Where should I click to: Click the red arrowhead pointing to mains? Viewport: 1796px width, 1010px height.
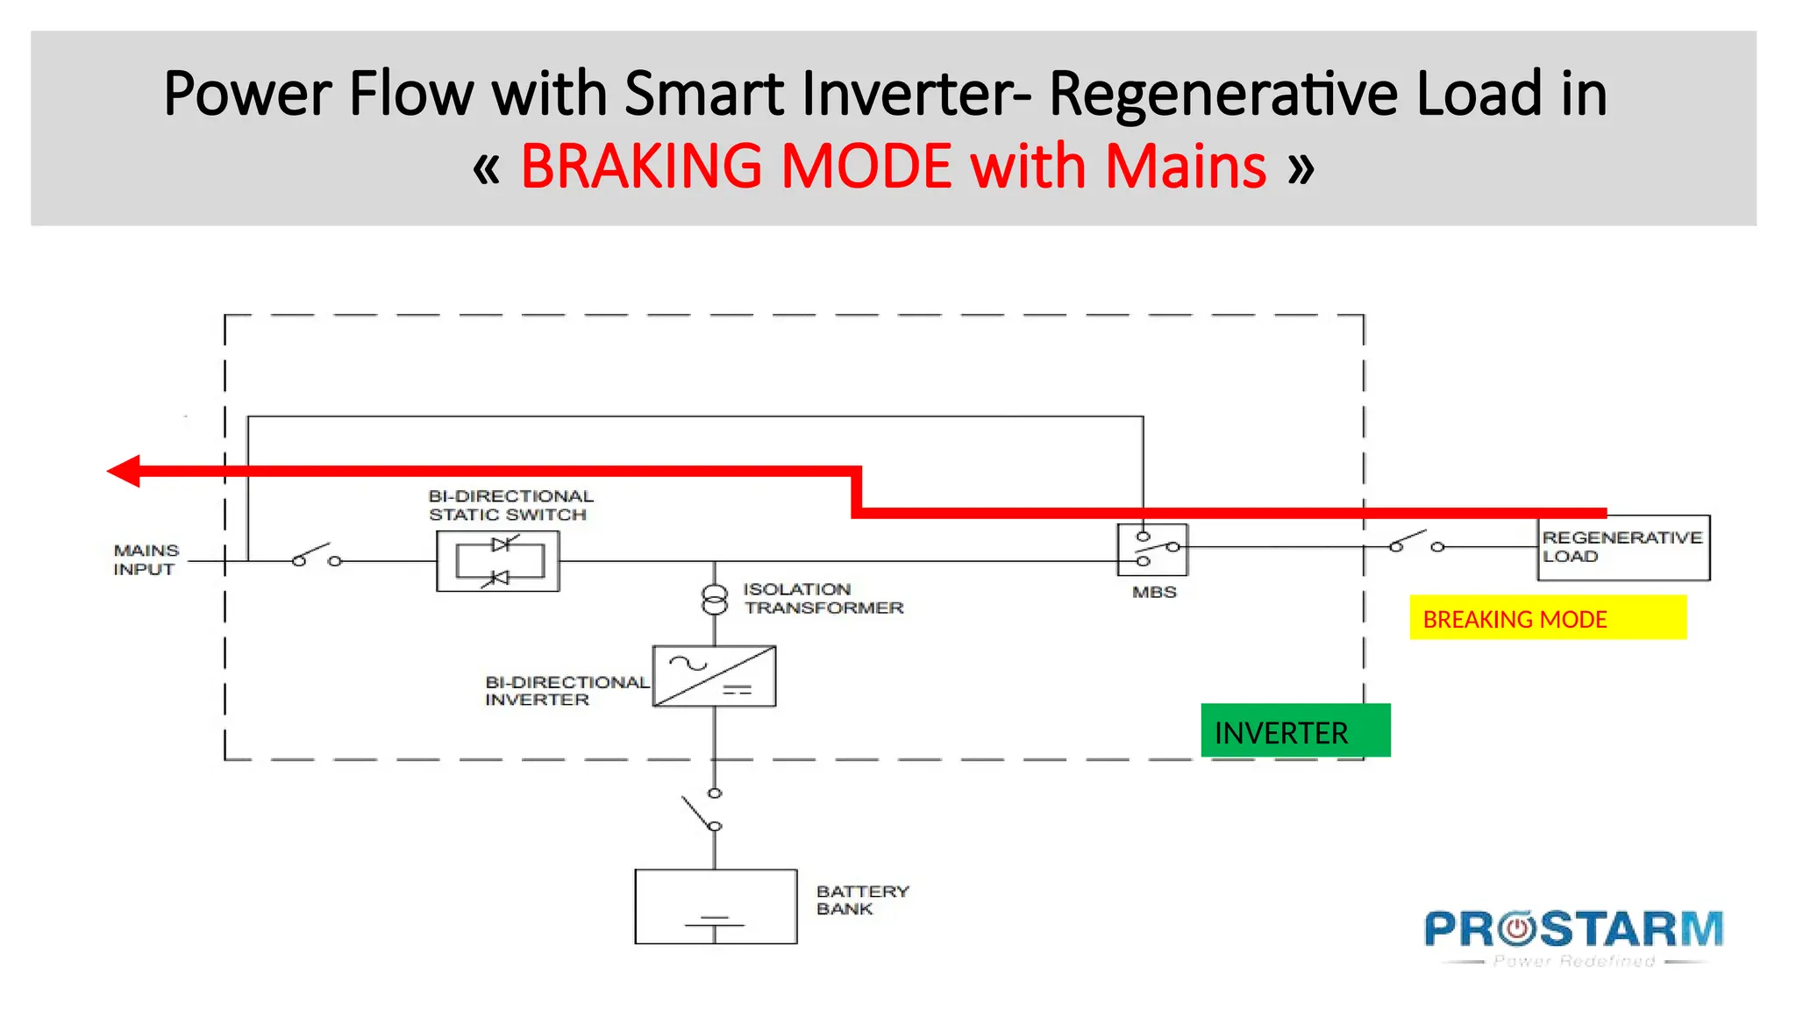(x=125, y=471)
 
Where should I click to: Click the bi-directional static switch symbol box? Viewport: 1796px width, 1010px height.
(x=498, y=561)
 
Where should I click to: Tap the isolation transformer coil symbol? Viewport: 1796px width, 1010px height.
(x=715, y=600)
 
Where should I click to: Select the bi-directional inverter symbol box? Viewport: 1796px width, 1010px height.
(x=714, y=676)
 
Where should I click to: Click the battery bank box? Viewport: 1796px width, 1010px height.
(x=716, y=906)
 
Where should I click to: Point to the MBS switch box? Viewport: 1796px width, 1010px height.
(x=1152, y=550)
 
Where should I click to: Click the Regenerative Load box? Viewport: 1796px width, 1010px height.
(x=1623, y=547)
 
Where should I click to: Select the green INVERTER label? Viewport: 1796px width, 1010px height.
(x=1294, y=730)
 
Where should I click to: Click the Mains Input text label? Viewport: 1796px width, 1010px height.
(x=146, y=559)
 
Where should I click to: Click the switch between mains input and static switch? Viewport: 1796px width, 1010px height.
(x=316, y=556)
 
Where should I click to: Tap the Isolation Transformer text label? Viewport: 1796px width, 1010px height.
(x=823, y=599)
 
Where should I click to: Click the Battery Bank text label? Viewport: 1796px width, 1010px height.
(x=861, y=900)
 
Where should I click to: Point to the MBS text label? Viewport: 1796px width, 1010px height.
(x=1154, y=592)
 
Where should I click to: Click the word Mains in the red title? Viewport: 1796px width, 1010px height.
(x=1186, y=167)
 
